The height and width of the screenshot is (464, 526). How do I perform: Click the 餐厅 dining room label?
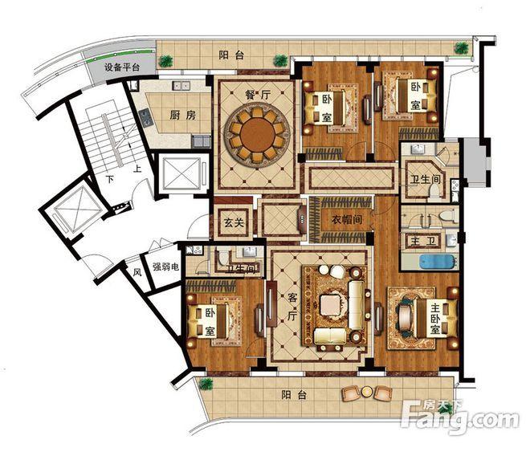coord(257,95)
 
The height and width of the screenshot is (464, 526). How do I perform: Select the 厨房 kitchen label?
coord(182,116)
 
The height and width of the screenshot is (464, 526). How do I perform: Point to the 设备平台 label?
coord(122,67)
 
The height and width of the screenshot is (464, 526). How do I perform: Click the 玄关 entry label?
coord(234,222)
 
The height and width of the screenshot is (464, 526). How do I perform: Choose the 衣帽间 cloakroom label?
coord(347,220)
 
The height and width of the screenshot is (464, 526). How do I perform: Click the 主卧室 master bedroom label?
coord(435,320)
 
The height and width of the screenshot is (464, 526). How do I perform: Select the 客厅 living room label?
coord(292,307)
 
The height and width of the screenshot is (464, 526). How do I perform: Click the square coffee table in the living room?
coord(332,305)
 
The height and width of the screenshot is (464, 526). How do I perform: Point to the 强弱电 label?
coord(165,267)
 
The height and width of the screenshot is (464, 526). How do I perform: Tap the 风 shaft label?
coord(137,272)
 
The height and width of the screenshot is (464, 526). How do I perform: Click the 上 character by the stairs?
coord(137,169)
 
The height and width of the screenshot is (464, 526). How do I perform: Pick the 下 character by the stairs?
coord(110,179)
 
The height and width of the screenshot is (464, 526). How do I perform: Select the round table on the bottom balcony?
coord(367,392)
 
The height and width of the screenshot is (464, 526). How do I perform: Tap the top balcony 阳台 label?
coord(231,55)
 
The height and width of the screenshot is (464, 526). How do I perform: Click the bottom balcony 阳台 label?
coord(294,395)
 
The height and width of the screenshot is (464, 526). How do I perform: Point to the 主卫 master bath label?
coord(422,240)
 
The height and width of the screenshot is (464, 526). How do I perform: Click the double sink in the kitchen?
coord(181,86)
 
